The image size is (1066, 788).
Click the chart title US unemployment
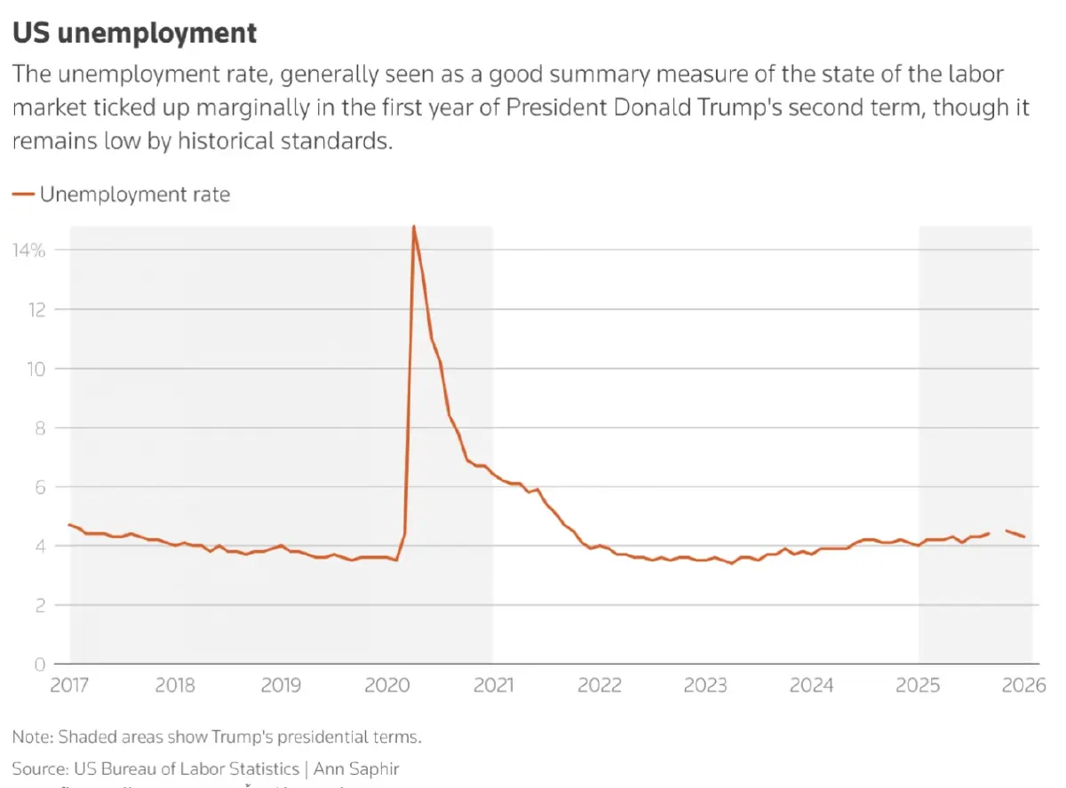point(134,34)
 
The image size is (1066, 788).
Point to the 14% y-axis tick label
point(28,251)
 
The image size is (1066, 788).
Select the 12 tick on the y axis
point(36,309)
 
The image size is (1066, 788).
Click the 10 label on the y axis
point(36,369)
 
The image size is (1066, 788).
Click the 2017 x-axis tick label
point(69,686)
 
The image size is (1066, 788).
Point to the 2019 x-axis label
point(281,686)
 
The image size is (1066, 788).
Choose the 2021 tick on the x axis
point(493,686)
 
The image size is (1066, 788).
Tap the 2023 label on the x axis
point(705,686)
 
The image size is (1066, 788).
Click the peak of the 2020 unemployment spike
point(414,227)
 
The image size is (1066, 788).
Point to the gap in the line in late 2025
point(998,532)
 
